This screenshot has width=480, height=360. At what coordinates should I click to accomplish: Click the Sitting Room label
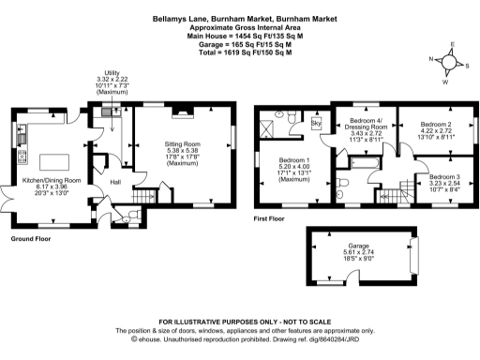182,144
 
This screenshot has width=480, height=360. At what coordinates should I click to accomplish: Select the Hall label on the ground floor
115,180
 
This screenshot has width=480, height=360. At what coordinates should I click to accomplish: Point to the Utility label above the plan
111,80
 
